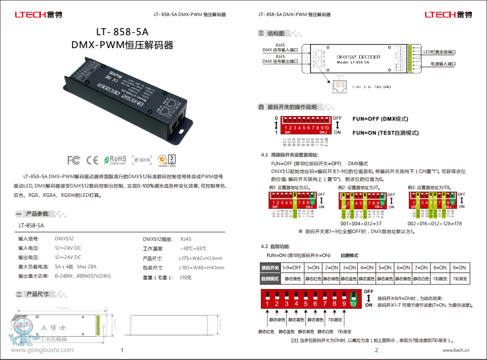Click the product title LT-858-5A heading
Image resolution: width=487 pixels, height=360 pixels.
click(x=122, y=32)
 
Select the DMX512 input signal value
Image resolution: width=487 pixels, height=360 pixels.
click(x=64, y=239)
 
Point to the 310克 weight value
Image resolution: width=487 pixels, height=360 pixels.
click(x=186, y=277)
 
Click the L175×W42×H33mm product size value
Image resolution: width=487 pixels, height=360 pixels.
click(x=201, y=258)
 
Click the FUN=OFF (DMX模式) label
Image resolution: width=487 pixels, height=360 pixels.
click(x=380, y=119)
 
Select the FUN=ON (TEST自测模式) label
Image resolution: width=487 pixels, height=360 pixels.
click(x=385, y=133)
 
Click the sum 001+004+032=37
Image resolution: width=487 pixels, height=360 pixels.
click(x=361, y=223)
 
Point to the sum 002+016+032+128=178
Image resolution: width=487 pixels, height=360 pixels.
click(x=434, y=223)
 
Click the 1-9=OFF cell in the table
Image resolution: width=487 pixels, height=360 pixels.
click(x=291, y=267)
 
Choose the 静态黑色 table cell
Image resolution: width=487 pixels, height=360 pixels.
click(x=292, y=279)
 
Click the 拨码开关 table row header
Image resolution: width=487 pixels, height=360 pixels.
click(x=270, y=267)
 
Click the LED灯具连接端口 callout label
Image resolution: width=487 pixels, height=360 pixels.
click(x=439, y=52)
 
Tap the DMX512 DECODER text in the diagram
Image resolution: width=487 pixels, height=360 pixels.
click(x=358, y=56)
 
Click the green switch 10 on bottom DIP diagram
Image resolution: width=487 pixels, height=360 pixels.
click(x=353, y=299)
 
